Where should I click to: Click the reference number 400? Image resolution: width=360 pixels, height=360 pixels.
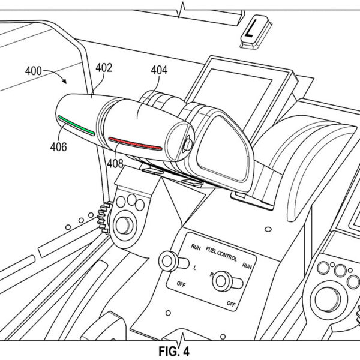click(34, 71)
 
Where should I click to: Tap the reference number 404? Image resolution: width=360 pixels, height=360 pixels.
click(159, 71)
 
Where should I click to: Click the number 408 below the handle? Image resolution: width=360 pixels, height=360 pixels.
click(115, 162)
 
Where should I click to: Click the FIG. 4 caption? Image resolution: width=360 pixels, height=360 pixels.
click(180, 349)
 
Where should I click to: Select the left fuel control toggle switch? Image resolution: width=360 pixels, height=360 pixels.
click(167, 262)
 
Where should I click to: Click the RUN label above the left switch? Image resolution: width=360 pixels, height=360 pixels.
click(196, 247)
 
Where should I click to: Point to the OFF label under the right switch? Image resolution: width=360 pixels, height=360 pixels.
click(231, 304)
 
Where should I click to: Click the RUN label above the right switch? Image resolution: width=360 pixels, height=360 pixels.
click(247, 264)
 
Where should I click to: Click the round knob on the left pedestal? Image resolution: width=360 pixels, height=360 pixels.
click(125, 226)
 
